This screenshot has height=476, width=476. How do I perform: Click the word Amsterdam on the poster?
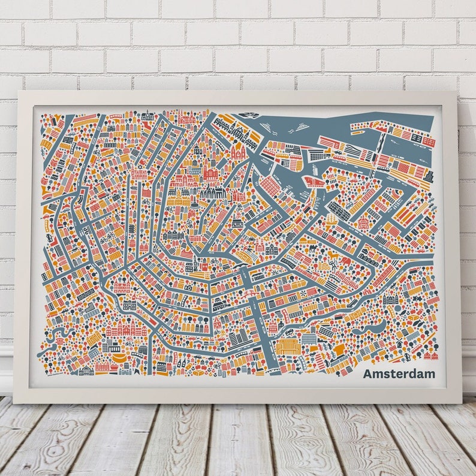(399, 374)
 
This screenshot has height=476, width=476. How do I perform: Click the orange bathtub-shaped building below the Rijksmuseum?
(119, 358)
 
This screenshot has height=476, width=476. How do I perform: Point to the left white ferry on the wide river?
(266, 126)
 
